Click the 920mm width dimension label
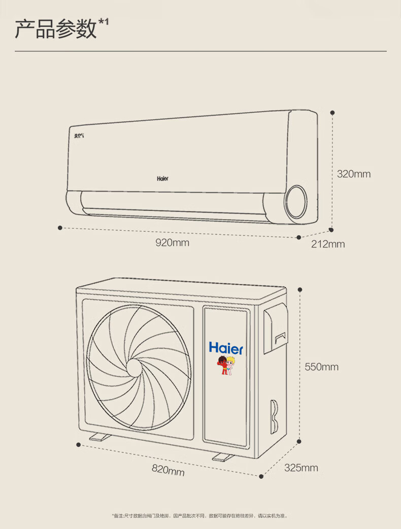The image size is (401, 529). point(172,243)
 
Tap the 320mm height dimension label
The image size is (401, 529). point(354,174)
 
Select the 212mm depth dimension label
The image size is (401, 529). point(328,244)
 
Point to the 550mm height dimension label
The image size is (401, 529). point(321,367)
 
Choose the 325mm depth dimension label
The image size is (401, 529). point(301,468)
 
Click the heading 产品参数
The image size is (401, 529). point(56,29)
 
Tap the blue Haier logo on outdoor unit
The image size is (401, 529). point(226,348)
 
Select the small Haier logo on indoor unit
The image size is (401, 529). point(162,179)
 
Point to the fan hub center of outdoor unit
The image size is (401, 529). point(135,367)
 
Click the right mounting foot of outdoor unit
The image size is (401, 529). point(223,457)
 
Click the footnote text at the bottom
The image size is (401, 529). point(199,516)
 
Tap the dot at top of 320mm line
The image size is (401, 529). point(332,112)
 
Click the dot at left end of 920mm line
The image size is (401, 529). point(60,228)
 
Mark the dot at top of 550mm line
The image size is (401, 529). point(300,289)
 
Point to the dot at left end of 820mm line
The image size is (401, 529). point(79,445)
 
